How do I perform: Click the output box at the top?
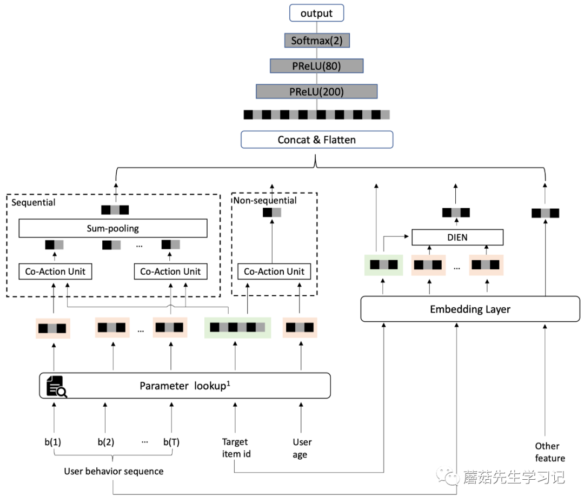click(x=316, y=13)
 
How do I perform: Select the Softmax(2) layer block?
click(x=316, y=41)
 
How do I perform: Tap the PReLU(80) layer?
click(x=316, y=66)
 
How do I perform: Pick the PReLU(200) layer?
click(x=316, y=91)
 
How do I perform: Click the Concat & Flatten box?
click(x=316, y=140)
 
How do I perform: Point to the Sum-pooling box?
click(x=113, y=228)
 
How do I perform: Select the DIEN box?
click(x=457, y=237)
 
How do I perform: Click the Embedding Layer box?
click(x=470, y=309)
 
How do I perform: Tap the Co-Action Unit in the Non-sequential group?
click(x=274, y=272)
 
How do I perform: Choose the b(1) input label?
click(x=52, y=442)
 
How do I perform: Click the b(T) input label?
click(x=171, y=442)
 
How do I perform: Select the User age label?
click(x=302, y=448)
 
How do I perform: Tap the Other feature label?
click(x=549, y=452)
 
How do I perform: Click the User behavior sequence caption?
click(x=114, y=471)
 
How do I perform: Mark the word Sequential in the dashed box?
click(x=34, y=202)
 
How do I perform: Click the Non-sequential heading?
click(x=265, y=201)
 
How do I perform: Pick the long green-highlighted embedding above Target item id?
click(x=237, y=327)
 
